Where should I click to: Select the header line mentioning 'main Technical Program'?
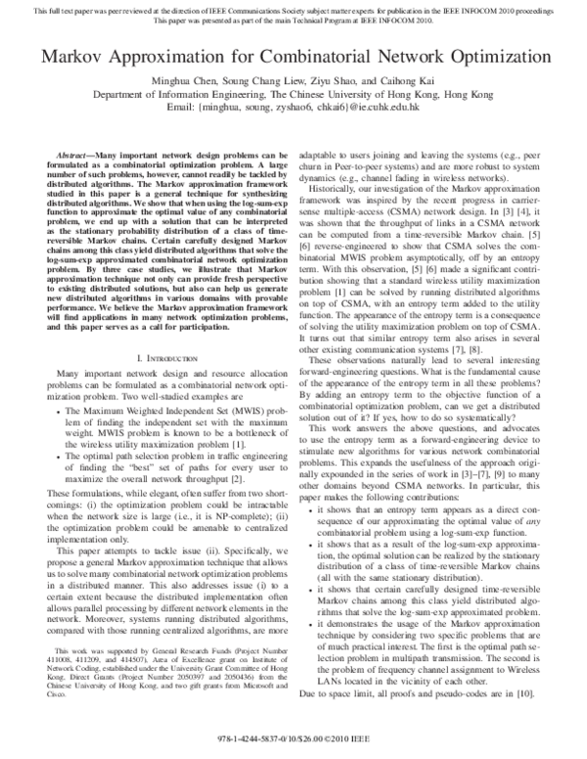(x=293, y=18)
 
